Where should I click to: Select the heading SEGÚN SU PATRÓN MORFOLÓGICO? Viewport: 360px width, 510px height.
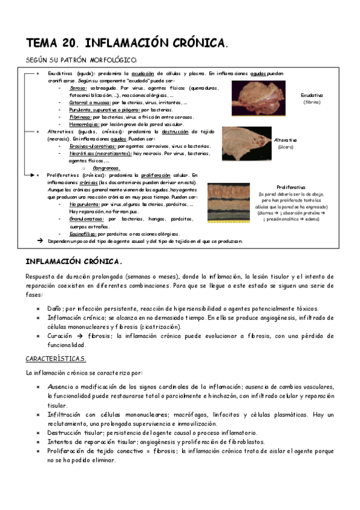point(81,60)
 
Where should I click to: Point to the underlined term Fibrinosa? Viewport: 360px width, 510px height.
point(79,117)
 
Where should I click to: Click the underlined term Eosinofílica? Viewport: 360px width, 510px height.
point(84,234)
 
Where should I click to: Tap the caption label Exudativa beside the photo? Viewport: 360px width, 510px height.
point(312,95)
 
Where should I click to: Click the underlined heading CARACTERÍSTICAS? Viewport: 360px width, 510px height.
point(56,359)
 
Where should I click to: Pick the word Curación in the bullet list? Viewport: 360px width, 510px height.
point(61,336)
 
